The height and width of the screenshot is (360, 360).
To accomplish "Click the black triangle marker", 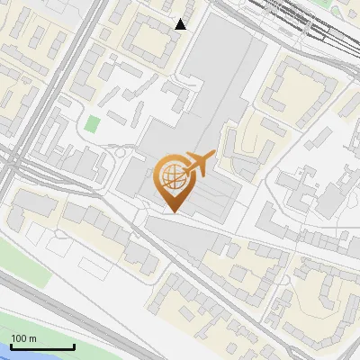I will click(181, 24).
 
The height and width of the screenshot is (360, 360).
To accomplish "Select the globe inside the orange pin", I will click(171, 177).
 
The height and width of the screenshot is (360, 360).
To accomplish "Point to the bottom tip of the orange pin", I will click(171, 212).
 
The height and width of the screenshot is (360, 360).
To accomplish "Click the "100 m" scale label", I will click(24, 338).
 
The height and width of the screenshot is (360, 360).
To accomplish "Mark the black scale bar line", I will click(42, 347).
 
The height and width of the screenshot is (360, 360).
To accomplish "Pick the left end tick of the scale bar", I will click(11, 345).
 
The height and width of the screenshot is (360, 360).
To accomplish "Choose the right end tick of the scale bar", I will click(74, 345).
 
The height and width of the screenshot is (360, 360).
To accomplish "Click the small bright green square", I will click(93, 124).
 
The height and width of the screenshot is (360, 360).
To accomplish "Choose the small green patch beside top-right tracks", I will click(337, 9).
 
